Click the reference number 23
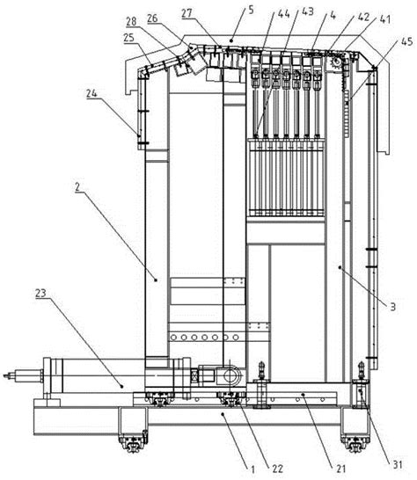40,293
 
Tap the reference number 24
91,93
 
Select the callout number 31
398,464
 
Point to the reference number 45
406,41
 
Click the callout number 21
341,468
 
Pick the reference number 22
277,469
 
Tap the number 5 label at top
251,10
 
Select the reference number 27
187,13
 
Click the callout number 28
131,22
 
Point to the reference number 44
283,13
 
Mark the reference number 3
393,307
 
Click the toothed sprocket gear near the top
335,63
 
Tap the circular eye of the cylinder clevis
230,375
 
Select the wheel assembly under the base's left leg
133,440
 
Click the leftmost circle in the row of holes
173,338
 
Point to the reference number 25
129,38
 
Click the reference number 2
77,187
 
